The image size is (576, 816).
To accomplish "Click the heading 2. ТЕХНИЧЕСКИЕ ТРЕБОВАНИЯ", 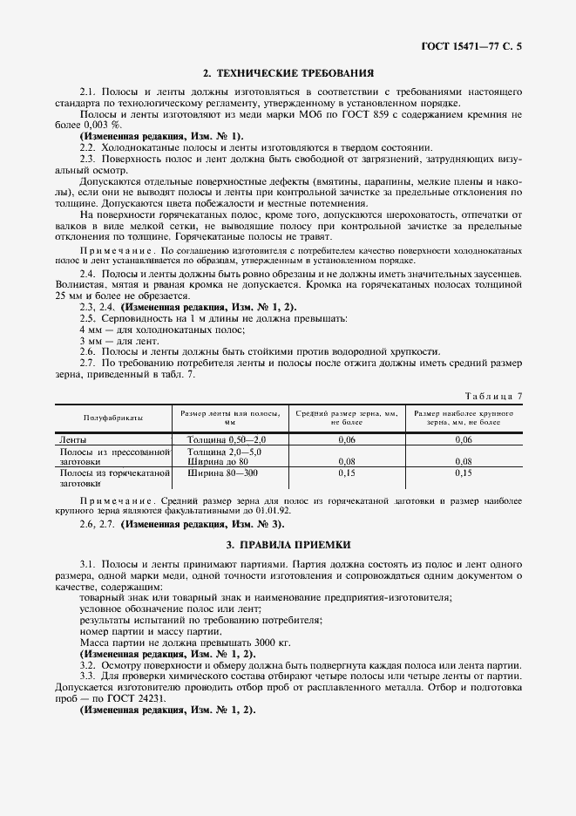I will point(288,74).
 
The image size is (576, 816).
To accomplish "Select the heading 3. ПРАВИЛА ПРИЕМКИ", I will point(288,544).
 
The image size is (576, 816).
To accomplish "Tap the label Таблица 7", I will point(495,396).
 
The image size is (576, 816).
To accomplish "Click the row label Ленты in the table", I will point(73,440).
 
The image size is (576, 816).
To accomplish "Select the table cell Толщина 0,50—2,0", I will point(226,440).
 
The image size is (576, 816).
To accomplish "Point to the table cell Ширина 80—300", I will point(223,473).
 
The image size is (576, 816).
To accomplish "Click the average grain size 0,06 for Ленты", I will point(346,440).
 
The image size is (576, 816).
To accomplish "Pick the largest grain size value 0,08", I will point(463,461).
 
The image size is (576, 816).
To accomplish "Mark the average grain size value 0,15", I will point(346,473).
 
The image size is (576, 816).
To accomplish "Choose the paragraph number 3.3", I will point(87,677).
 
